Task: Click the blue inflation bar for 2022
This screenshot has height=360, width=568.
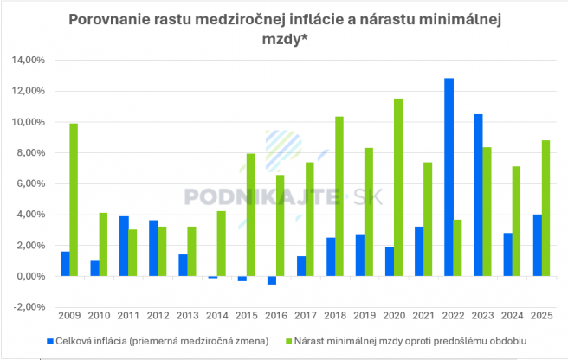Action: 449,177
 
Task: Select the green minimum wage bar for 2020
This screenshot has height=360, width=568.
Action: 398,188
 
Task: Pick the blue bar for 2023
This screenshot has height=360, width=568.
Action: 478,196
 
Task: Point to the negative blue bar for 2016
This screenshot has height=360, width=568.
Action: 271,280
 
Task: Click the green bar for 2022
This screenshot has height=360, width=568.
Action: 458,248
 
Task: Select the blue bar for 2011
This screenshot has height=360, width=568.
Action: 124,247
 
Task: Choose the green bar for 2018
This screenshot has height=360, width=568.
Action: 339,196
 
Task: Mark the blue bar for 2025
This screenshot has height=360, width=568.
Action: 537,246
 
